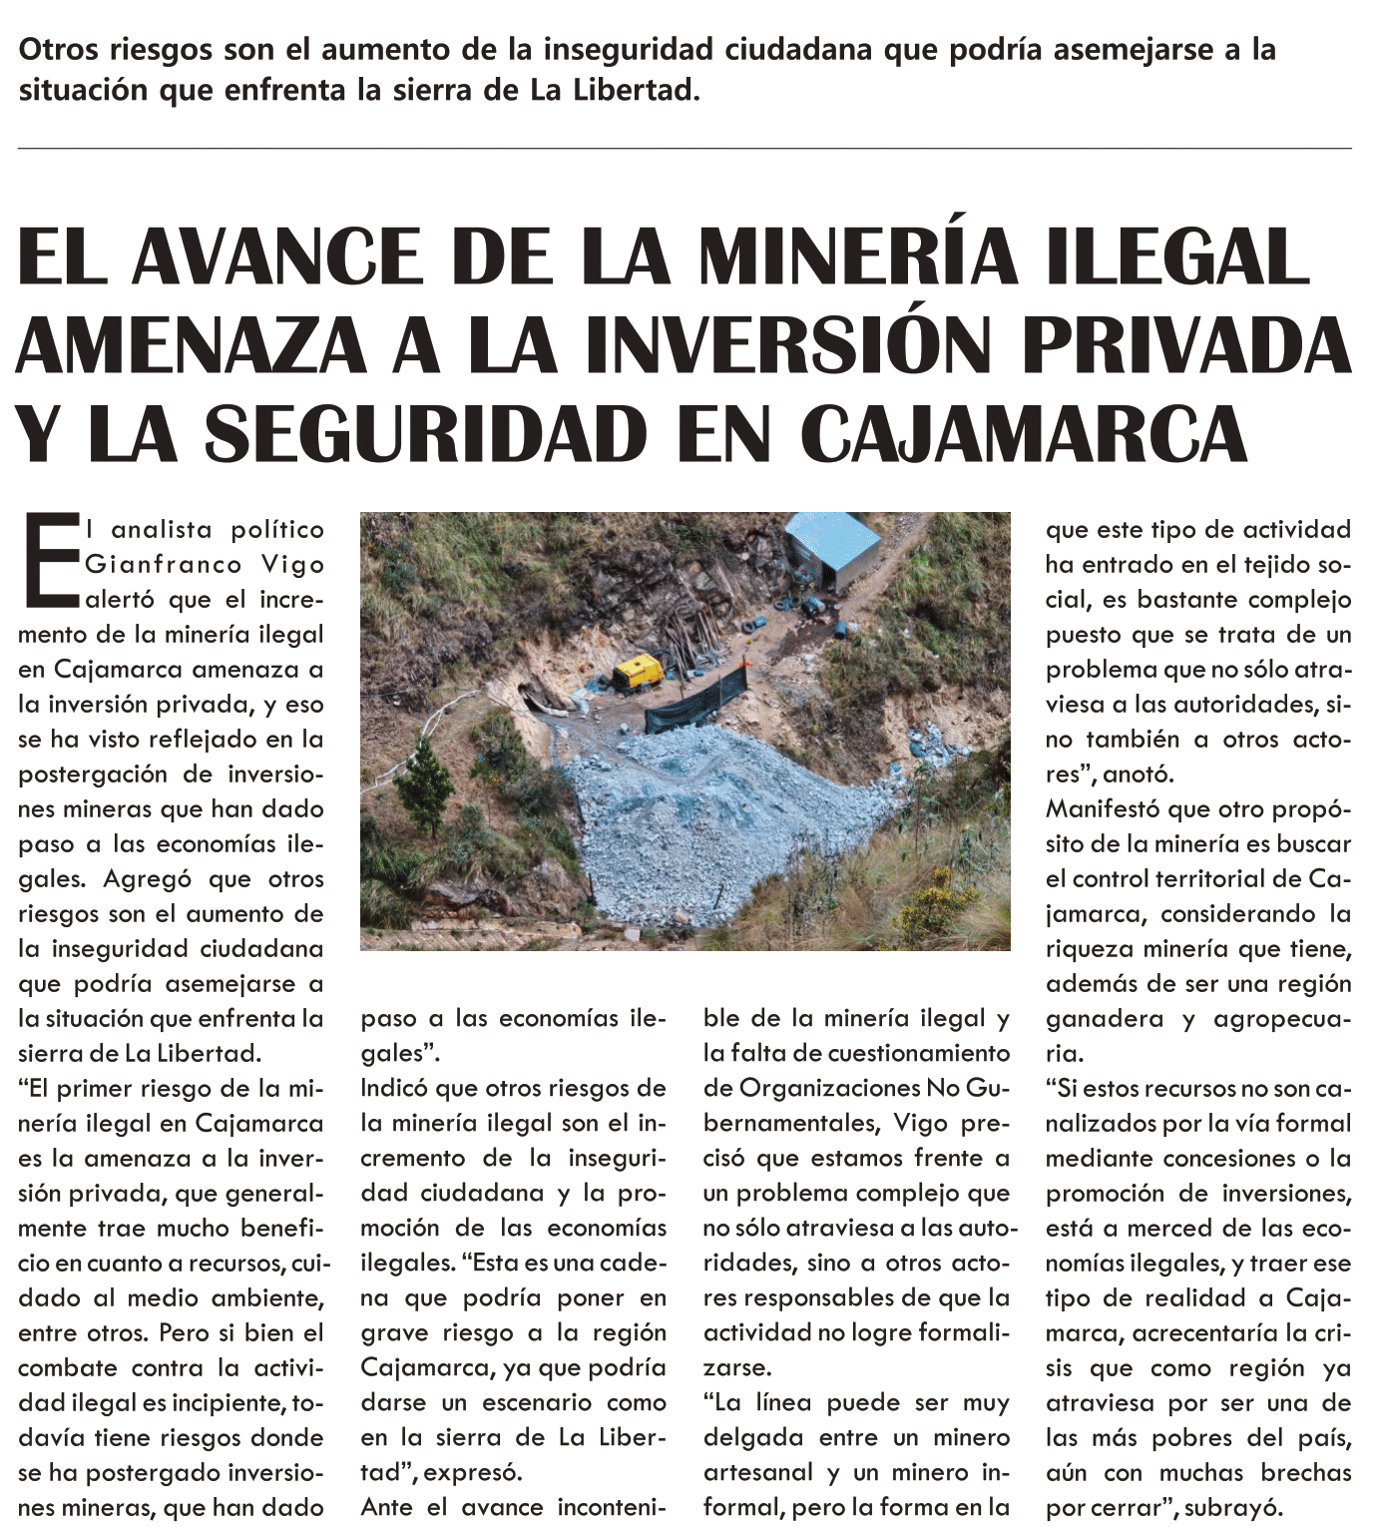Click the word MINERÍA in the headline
[856, 256]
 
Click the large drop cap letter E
[48, 560]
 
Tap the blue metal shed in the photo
[832, 551]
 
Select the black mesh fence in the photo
[698, 705]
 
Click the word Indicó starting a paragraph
[394, 1088]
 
